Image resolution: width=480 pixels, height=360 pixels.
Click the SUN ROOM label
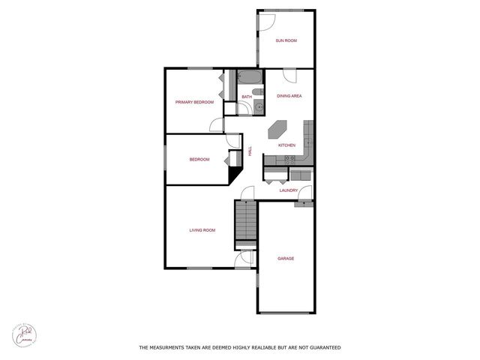click(x=286, y=40)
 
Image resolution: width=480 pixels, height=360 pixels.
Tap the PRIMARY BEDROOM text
click(x=194, y=102)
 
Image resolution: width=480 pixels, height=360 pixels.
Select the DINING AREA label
click(x=289, y=96)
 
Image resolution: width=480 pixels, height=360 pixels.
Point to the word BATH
click(x=247, y=96)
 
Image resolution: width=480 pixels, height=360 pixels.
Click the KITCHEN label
click(x=286, y=145)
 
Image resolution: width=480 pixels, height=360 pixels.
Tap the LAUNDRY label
click(x=289, y=190)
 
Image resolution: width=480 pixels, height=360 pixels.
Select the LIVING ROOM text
click(x=202, y=230)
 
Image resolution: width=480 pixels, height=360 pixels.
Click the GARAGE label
click(x=286, y=258)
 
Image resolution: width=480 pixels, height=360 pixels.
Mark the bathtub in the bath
click(x=249, y=78)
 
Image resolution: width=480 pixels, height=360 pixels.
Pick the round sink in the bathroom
click(x=259, y=106)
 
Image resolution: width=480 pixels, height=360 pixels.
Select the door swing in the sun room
click(x=266, y=22)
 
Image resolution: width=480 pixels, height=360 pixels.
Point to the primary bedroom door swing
click(x=217, y=125)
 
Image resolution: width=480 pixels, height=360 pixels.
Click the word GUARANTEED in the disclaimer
click(x=319, y=348)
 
